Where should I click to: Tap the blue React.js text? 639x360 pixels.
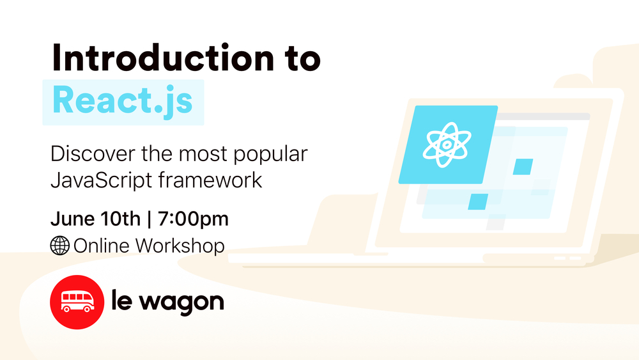[122, 101]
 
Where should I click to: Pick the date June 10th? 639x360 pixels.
[95, 219]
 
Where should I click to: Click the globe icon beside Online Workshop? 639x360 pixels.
[59, 246]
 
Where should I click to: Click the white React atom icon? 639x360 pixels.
[447, 145]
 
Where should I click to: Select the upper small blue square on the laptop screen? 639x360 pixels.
[523, 166]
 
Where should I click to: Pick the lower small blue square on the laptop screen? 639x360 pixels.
[478, 201]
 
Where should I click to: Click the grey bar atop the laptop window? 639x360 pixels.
[543, 116]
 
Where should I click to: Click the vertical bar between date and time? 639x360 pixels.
[149, 219]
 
